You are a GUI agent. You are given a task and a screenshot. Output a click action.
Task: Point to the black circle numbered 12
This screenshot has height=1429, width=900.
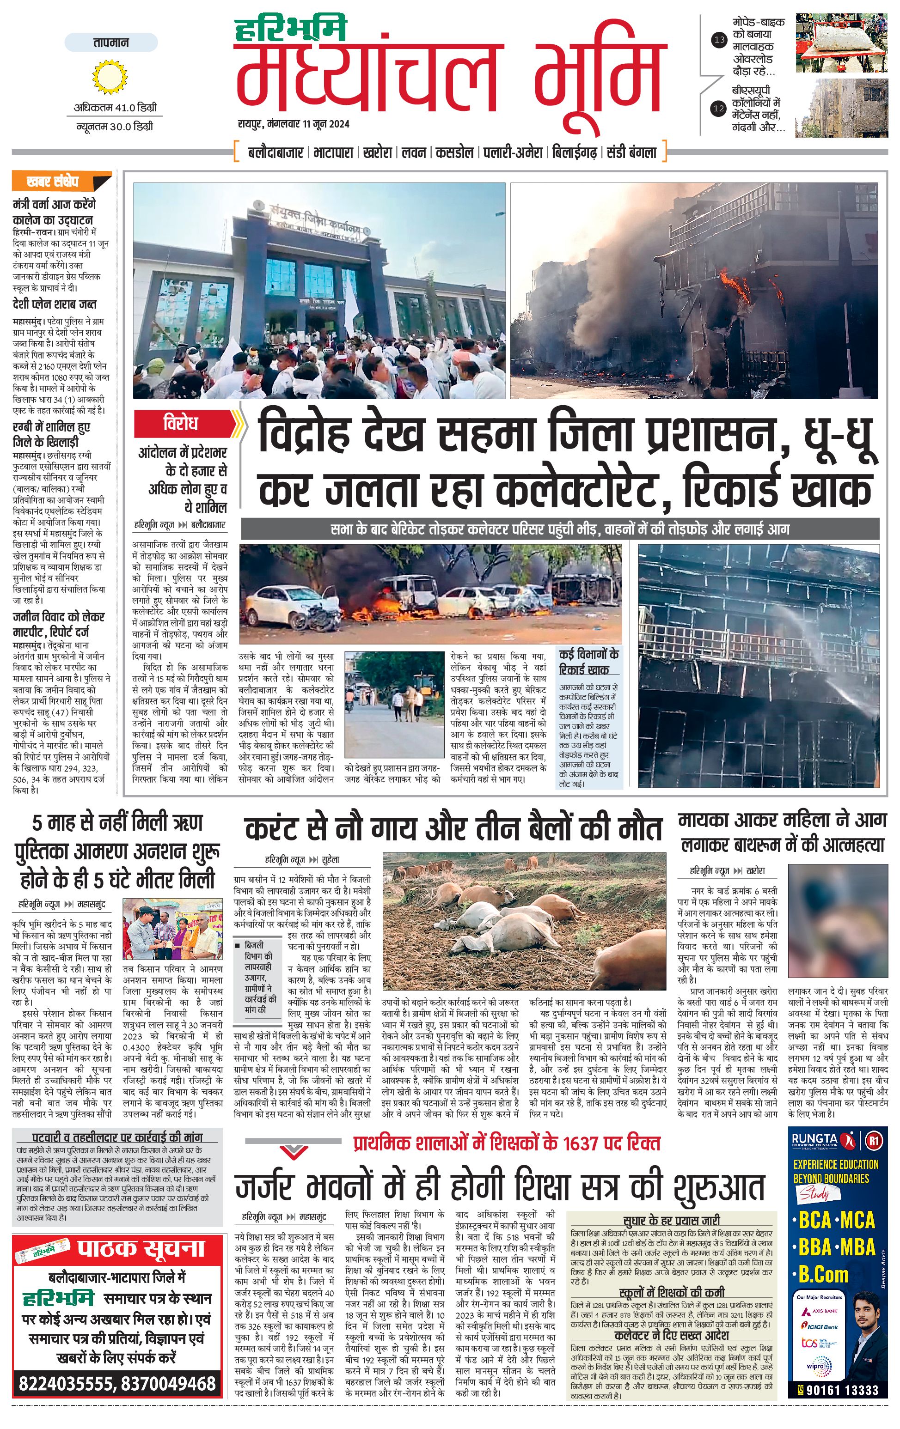coord(720,108)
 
